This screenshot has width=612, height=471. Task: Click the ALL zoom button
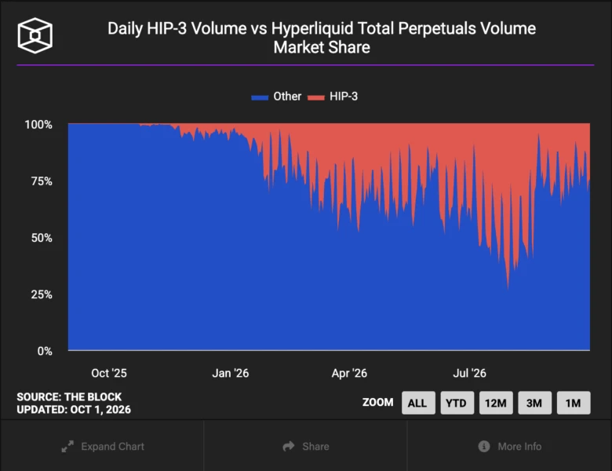[418, 403]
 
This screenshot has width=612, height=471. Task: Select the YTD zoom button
[457, 403]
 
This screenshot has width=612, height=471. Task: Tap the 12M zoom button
[496, 403]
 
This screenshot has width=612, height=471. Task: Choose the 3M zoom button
[535, 403]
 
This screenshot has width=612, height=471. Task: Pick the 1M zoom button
[574, 403]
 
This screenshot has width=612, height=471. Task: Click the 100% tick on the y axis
[38, 125]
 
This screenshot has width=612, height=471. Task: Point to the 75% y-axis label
[42, 181]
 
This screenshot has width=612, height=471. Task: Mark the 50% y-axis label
[42, 238]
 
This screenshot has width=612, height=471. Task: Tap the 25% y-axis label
[42, 294]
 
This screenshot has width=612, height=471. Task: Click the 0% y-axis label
[45, 351]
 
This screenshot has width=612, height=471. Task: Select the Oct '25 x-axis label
[109, 374]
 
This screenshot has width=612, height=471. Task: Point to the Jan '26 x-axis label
[230, 374]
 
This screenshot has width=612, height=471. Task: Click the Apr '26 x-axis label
[349, 374]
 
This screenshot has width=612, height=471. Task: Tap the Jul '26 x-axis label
[469, 374]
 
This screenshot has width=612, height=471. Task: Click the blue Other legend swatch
[260, 97]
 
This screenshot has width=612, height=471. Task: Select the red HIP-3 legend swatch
[315, 97]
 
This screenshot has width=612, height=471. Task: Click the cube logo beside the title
[35, 35]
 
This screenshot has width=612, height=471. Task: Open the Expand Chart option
[103, 447]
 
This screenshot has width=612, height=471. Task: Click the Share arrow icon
[289, 446]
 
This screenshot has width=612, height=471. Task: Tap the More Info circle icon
[484, 446]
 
